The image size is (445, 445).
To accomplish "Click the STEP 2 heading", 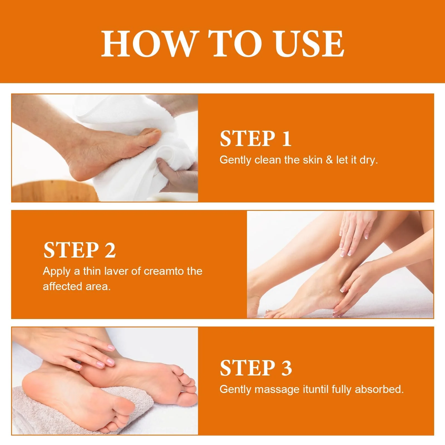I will (79, 250).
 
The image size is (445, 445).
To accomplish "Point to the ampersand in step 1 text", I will (329, 160).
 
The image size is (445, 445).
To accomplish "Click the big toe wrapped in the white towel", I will (152, 135).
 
